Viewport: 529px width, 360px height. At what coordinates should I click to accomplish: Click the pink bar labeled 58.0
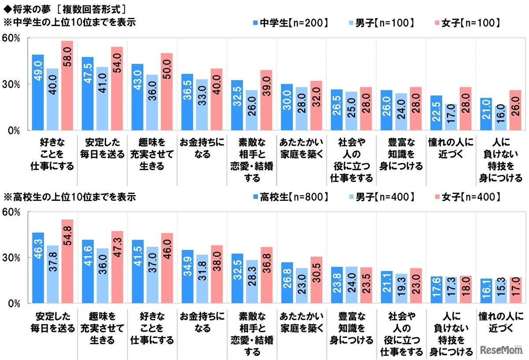67,85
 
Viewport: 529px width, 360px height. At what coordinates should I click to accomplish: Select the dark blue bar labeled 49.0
38,92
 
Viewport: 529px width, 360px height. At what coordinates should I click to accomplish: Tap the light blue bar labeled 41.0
102,98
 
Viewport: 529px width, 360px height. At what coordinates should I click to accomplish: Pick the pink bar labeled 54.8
67,261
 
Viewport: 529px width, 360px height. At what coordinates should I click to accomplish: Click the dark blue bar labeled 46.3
38,268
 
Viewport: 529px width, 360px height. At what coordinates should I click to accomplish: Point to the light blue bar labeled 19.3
401,289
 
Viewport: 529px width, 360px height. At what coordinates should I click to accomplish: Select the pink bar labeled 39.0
266,100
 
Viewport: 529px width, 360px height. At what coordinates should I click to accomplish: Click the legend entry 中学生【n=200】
291,23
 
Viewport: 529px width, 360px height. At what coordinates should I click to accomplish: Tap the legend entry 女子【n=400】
468,197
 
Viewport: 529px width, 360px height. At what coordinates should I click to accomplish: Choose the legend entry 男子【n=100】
381,23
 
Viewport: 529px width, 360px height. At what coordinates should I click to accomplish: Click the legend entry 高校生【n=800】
291,197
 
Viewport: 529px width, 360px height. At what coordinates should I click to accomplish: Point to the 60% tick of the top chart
11,38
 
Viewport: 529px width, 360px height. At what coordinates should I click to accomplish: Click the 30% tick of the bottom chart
11,257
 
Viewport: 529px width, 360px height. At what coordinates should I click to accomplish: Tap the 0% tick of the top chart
14,130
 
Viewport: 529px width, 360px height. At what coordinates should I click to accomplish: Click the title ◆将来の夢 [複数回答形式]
64,9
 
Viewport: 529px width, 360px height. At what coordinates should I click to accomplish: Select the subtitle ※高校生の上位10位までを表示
70,197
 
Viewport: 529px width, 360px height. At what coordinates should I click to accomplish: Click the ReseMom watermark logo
501,349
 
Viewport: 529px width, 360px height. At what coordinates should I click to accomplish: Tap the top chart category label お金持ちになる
202,148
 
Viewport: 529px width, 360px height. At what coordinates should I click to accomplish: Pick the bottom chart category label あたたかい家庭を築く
302,322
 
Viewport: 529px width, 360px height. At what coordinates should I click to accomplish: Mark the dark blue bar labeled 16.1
486,291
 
